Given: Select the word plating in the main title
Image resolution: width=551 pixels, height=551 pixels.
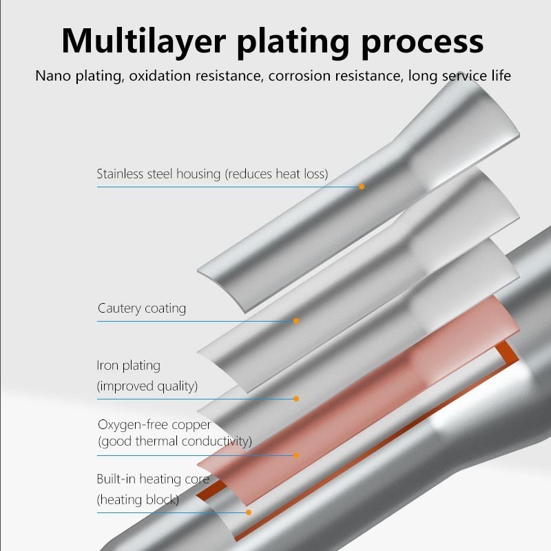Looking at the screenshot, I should [290, 41].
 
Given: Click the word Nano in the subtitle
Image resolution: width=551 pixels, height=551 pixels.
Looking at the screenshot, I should [54, 76].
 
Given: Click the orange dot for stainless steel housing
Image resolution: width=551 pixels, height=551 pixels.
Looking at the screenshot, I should [362, 186].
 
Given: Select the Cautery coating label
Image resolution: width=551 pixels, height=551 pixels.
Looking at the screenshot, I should [142, 308].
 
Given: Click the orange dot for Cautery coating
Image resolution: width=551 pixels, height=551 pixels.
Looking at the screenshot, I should [296, 321].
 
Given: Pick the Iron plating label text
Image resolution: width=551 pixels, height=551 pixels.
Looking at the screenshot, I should [128, 365].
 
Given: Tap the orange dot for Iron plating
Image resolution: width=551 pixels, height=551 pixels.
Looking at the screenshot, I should [296, 399].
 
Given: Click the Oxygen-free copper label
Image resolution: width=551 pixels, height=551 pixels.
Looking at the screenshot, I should [154, 424].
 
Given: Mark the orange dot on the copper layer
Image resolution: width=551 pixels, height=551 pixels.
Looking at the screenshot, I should [296, 455].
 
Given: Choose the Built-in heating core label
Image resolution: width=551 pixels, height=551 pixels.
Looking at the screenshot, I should [153, 479].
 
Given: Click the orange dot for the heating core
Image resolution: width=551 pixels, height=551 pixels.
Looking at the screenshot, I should [249, 512].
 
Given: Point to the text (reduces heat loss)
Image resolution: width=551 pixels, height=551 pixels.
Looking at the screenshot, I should [276, 174].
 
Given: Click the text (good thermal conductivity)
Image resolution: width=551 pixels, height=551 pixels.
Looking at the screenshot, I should [175, 441].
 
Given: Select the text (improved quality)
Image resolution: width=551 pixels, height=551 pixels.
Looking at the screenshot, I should [147, 386].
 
